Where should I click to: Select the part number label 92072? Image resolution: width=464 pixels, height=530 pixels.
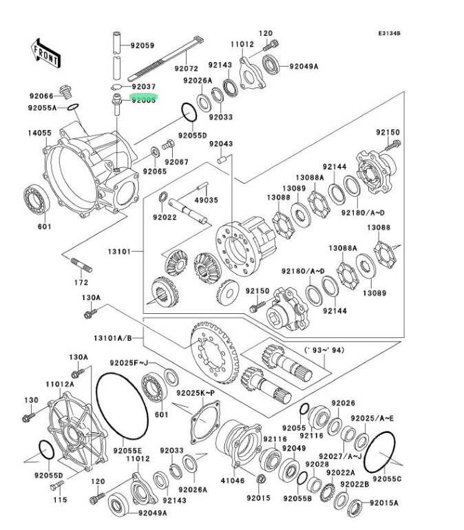click(186, 69)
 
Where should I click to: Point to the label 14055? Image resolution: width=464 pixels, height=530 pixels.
click(39, 133)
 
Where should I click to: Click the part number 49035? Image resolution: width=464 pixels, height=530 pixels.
click(206, 200)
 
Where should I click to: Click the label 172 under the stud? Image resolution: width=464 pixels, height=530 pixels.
click(82, 282)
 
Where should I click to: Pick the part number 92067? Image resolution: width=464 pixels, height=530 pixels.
click(177, 161)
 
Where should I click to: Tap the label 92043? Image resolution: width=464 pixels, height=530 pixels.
click(221, 144)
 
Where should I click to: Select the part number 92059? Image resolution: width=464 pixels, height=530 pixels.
click(143, 46)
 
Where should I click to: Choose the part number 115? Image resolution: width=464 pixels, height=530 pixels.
click(61, 500)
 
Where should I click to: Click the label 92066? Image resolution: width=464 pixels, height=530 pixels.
click(41, 96)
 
